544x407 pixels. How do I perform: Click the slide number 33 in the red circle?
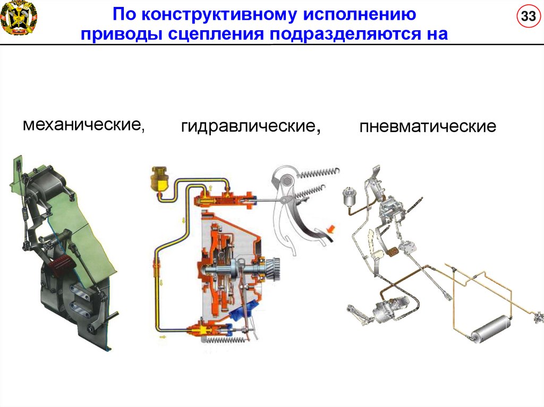click(x=528, y=16)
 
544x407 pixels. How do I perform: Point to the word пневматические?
click(x=428, y=126)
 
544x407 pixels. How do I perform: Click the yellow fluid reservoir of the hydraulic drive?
click(x=159, y=178)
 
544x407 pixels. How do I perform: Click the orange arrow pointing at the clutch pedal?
click(x=331, y=229)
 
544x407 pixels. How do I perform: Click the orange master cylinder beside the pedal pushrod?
click(x=223, y=201)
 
